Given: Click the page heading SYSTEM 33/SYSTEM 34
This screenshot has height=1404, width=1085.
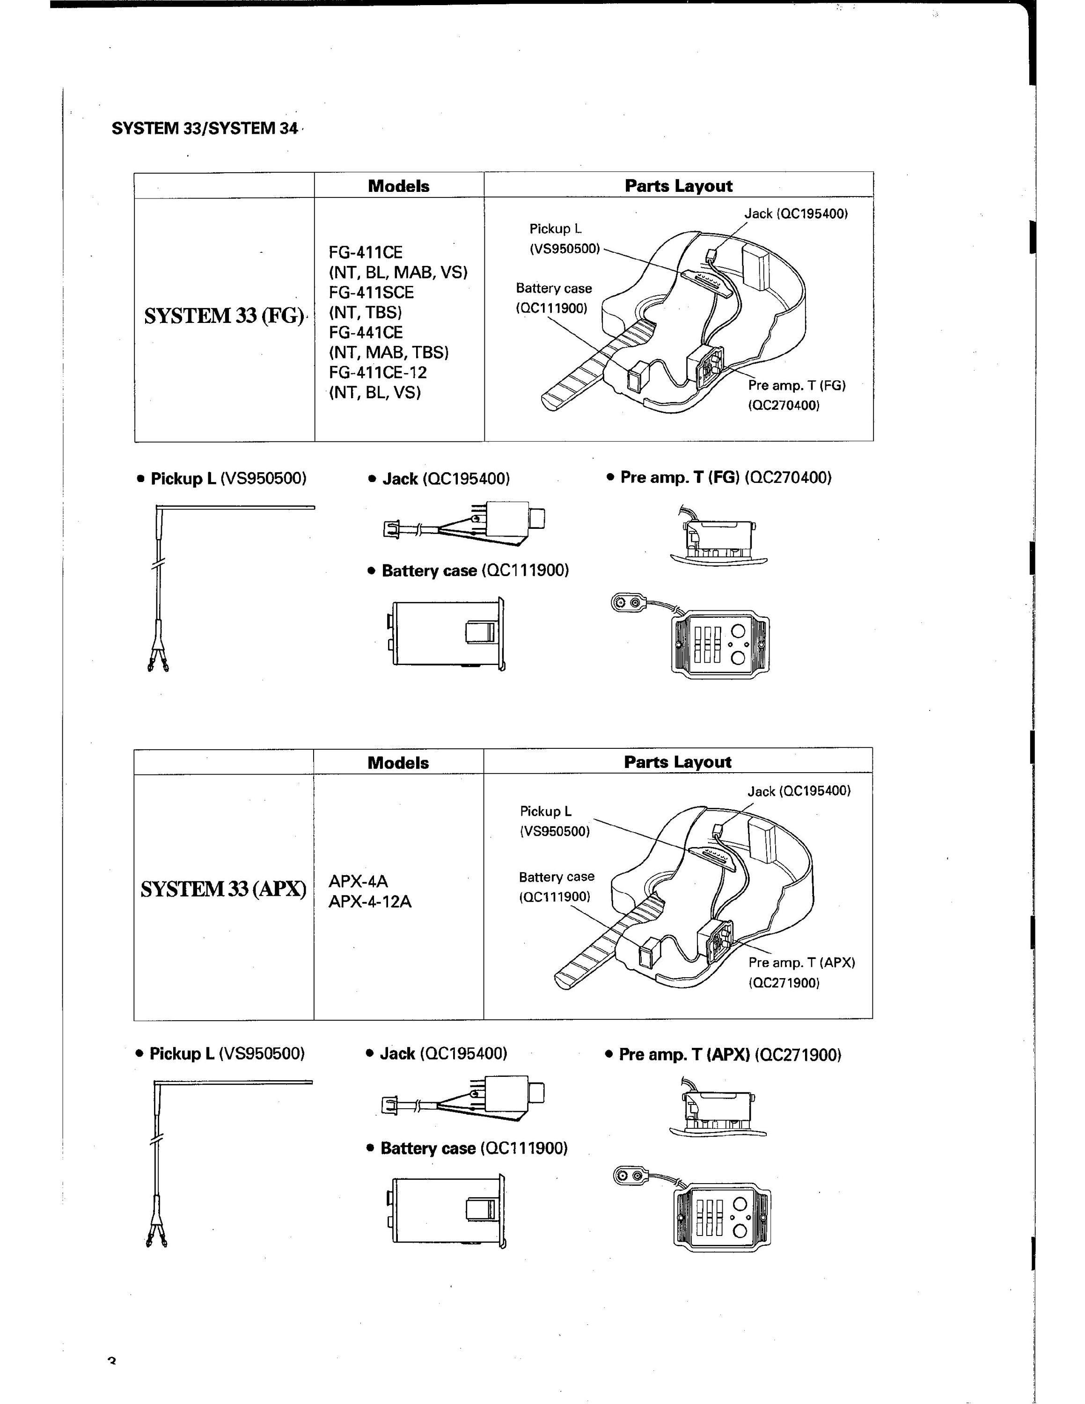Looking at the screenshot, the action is (x=205, y=128).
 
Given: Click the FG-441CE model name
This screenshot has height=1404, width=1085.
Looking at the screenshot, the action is (x=366, y=332).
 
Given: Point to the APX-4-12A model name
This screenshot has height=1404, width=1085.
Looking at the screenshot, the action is (x=370, y=901).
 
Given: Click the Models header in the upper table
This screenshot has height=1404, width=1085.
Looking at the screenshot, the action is (x=398, y=186).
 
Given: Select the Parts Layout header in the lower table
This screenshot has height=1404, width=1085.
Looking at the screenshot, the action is (x=677, y=762).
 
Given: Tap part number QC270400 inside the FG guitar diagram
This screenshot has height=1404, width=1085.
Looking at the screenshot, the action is (x=784, y=406).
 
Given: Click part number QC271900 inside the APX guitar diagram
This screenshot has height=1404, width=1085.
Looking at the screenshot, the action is (x=784, y=983).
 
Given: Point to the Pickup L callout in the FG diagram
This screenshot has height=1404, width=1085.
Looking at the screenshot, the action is (x=564, y=239).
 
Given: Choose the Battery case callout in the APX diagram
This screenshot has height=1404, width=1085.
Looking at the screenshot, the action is (x=557, y=886).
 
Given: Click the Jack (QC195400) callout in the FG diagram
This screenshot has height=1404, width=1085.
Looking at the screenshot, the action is (x=796, y=213).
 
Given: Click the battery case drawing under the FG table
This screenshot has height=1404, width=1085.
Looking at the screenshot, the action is (x=446, y=635).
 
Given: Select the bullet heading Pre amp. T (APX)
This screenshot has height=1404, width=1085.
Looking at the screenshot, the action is (x=723, y=1055).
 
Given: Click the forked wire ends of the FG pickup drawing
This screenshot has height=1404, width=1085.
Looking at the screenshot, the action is (x=157, y=657).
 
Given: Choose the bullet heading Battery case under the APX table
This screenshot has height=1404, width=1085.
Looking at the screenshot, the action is (x=467, y=1148).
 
